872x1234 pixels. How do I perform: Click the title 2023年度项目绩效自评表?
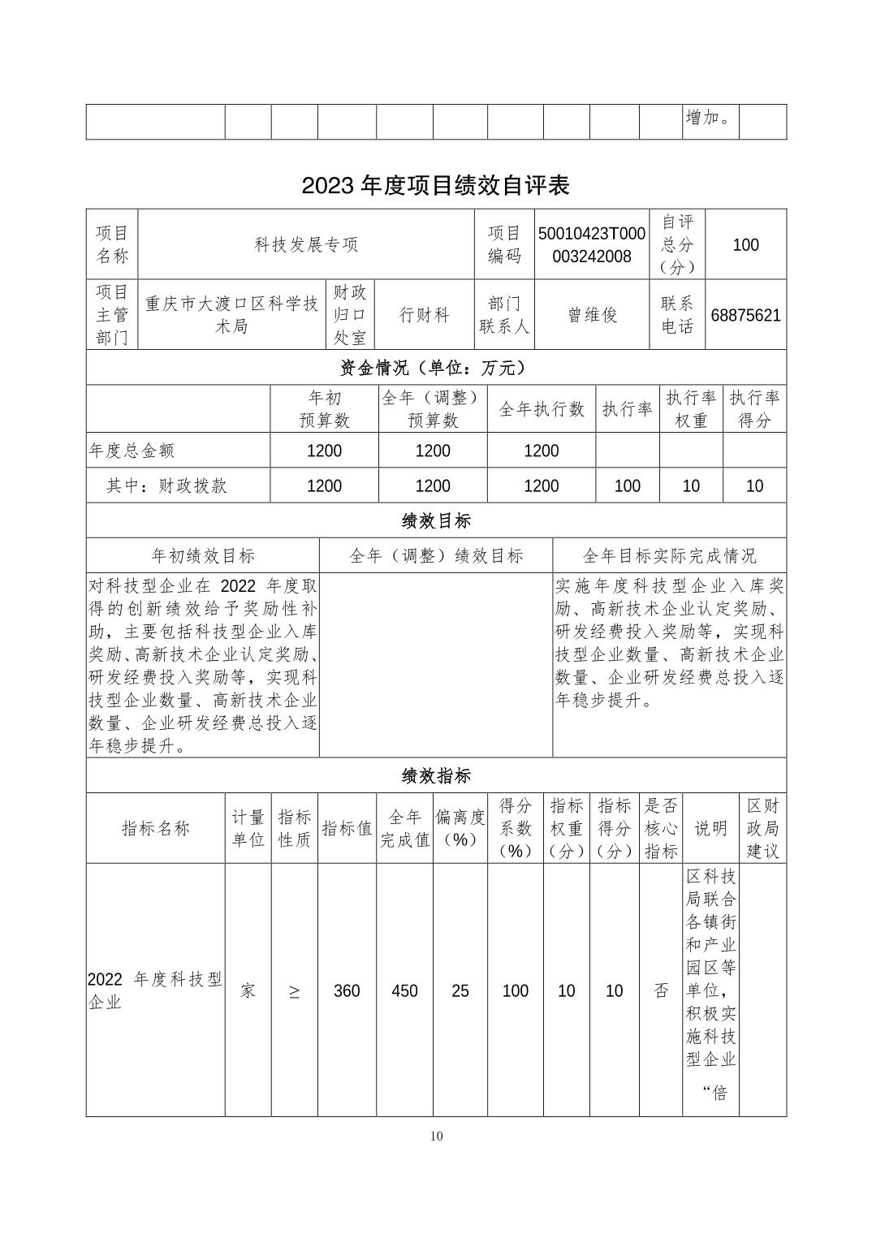pos(436,186)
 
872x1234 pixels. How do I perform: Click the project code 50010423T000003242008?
pos(592,245)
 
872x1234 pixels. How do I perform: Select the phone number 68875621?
pos(745,316)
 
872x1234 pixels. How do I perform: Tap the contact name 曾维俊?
pos(592,316)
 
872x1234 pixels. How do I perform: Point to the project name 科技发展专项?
pos(306,245)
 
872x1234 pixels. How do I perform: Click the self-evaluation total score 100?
pos(745,245)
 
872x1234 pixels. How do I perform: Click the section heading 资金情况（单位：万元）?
pos(436,368)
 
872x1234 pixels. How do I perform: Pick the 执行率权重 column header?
pos(691,409)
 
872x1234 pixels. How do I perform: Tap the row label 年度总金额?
pos(132,451)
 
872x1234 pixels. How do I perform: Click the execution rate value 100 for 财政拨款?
pos(627,486)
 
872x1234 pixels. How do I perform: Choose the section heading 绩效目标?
pos(436,520)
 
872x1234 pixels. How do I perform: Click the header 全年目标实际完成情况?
pos(669,556)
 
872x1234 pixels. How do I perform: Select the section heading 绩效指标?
pos(436,776)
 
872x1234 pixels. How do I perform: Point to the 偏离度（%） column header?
pos(460,828)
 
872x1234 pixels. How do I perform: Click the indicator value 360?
pos(347,991)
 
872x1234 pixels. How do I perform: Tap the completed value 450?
pos(404,991)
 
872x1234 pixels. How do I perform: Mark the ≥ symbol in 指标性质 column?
pos(294,991)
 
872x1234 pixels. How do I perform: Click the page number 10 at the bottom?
pos(437,1136)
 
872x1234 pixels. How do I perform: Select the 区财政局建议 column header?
pos(762,828)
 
